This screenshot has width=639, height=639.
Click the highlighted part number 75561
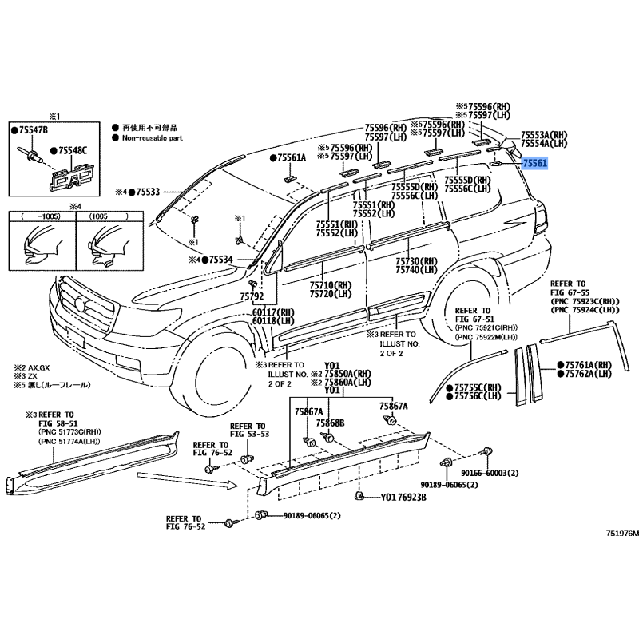[534, 164]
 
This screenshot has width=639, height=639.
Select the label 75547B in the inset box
[33, 129]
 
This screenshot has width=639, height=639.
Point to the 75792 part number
[252, 296]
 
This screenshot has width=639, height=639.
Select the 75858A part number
[393, 407]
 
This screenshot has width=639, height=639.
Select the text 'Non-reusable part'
[155, 138]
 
